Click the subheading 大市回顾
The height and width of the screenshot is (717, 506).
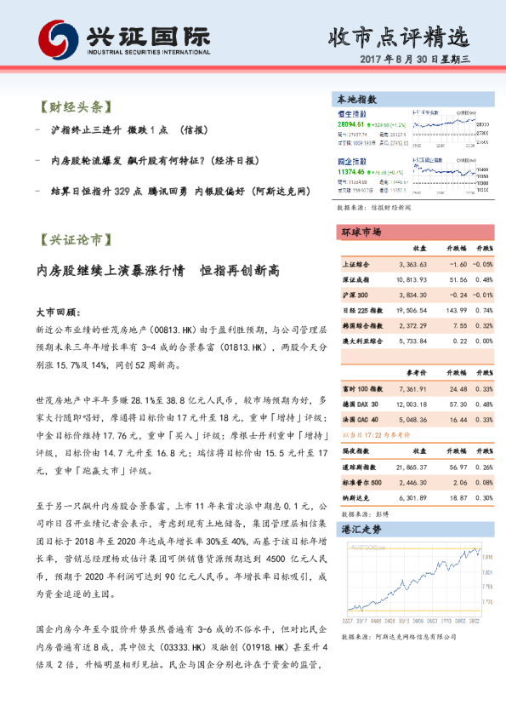click(x=58, y=313)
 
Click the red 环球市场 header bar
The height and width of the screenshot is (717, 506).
click(x=410, y=232)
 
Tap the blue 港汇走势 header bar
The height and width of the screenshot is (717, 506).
click(x=410, y=529)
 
